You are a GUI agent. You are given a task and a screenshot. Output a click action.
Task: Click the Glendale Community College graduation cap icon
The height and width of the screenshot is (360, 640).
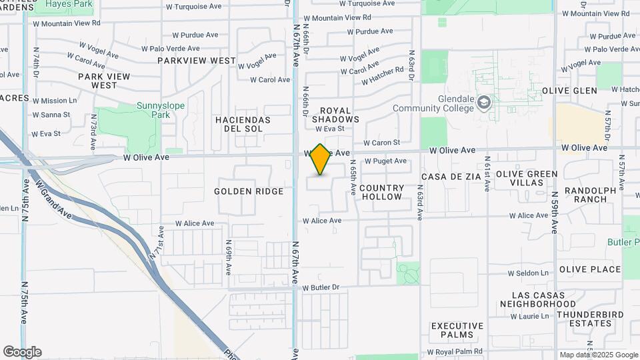[484, 103]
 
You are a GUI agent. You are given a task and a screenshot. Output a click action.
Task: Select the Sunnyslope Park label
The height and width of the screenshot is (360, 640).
[153, 110]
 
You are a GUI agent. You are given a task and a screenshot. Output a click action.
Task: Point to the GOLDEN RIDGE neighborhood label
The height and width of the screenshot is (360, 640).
[249, 191]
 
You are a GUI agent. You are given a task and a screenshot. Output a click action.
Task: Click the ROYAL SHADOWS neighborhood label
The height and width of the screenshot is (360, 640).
[340, 115]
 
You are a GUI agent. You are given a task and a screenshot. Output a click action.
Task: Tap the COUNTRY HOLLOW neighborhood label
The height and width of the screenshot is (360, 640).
[382, 192]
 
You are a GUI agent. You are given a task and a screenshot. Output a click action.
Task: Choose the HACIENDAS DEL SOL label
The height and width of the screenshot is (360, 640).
[243, 124]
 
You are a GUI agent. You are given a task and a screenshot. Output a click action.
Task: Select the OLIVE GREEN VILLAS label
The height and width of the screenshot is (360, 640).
[527, 179]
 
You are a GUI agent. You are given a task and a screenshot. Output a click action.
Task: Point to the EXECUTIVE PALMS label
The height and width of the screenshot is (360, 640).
[461, 330]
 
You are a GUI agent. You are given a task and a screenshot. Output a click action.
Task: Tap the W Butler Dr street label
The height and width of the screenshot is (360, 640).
[321, 288]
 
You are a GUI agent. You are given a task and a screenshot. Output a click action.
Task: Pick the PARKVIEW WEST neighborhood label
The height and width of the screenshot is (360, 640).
[197, 61]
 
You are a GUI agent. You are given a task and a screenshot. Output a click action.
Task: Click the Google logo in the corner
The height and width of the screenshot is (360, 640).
[22, 352]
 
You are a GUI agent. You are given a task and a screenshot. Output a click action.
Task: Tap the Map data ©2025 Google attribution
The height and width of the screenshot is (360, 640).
[598, 355]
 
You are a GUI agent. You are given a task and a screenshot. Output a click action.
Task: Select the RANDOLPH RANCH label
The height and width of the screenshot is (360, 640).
[591, 195]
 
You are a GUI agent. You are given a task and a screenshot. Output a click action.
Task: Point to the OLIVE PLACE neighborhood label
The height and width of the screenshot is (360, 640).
[590, 269]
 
